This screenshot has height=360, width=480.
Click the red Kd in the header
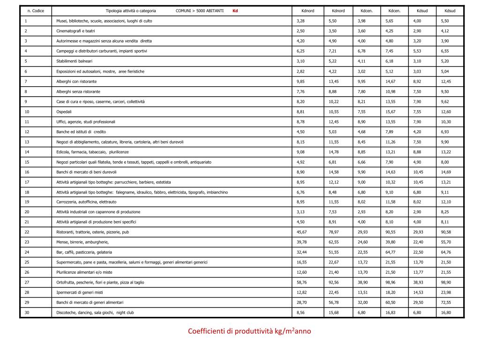[235, 10]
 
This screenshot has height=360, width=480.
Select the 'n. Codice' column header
[36, 10]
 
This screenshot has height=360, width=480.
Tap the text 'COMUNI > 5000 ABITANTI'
[200, 10]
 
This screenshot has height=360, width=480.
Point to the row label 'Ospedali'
[64, 112]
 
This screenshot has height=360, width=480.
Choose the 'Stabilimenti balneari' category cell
[75, 61]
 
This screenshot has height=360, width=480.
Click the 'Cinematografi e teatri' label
[75, 31]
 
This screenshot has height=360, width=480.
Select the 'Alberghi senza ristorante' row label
[78, 91]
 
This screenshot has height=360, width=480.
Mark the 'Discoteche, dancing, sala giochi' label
[95, 312]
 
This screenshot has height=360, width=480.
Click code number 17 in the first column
[27, 182]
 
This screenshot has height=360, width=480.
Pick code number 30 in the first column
[27, 312]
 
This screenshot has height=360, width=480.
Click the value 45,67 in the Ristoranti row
[302, 232]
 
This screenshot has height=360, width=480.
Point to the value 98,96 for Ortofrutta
[390, 282]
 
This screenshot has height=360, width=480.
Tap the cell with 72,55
[446, 302]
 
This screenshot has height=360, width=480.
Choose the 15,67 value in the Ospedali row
[390, 112]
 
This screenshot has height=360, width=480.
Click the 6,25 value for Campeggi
[301, 51]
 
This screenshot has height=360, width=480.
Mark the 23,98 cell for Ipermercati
[446, 292]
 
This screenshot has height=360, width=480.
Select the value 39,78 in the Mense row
[302, 242]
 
